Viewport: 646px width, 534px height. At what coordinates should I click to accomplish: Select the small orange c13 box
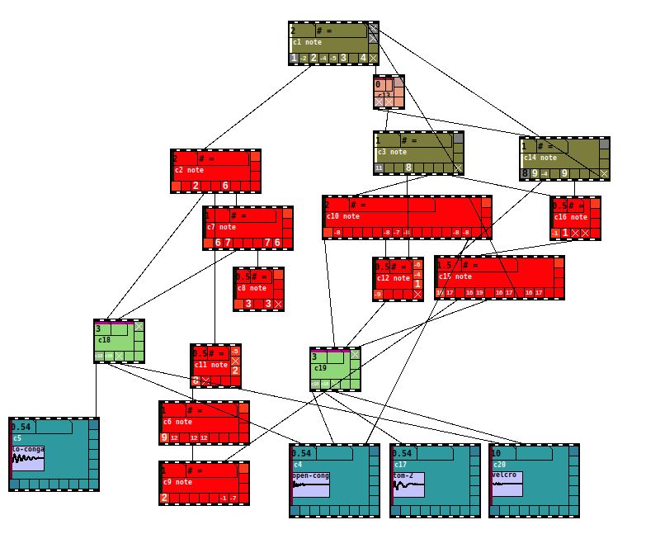(x=389, y=92)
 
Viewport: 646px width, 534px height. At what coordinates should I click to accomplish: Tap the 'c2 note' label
(x=189, y=170)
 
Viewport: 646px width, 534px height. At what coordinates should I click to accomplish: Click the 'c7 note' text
(x=222, y=227)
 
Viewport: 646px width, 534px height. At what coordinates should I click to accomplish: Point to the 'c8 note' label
(x=252, y=288)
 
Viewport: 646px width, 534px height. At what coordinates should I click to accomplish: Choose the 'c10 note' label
(x=344, y=216)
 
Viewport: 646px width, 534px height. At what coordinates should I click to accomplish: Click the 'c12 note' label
(x=391, y=278)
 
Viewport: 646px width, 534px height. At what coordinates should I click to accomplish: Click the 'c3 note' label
(x=392, y=152)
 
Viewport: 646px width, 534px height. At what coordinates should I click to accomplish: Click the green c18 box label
(x=104, y=339)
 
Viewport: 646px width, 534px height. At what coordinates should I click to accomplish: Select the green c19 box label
(x=321, y=367)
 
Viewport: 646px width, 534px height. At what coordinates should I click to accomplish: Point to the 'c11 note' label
(x=211, y=365)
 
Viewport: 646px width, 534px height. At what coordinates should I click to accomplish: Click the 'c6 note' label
(x=177, y=422)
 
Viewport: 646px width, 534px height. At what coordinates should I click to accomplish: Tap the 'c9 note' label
(x=177, y=482)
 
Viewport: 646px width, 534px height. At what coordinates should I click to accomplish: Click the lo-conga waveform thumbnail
(x=28, y=457)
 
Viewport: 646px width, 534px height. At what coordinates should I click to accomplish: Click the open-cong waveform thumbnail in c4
(x=310, y=484)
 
